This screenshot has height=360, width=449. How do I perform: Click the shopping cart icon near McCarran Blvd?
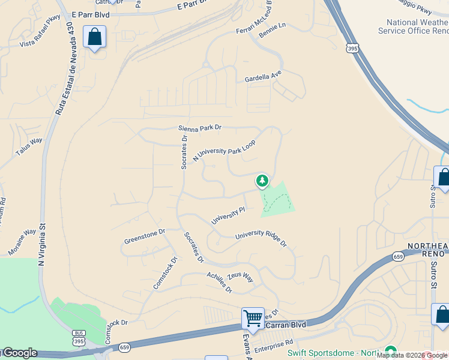pos(253,317)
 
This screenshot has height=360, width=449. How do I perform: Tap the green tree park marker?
pos(262,180)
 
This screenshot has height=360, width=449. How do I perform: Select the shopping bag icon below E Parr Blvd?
pos(95,37)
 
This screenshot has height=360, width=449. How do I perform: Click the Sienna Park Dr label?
pos(200,128)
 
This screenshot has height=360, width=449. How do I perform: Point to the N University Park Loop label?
pos(224,151)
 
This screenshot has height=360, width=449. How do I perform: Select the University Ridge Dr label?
pos(261,239)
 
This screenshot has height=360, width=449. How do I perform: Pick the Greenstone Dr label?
pos(144,236)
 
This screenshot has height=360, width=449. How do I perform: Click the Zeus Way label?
pos(240,278)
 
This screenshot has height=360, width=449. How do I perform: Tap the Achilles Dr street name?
pos(219,281)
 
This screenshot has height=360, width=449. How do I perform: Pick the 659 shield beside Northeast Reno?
pos(398,256)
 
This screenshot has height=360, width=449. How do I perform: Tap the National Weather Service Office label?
pos(413,26)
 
